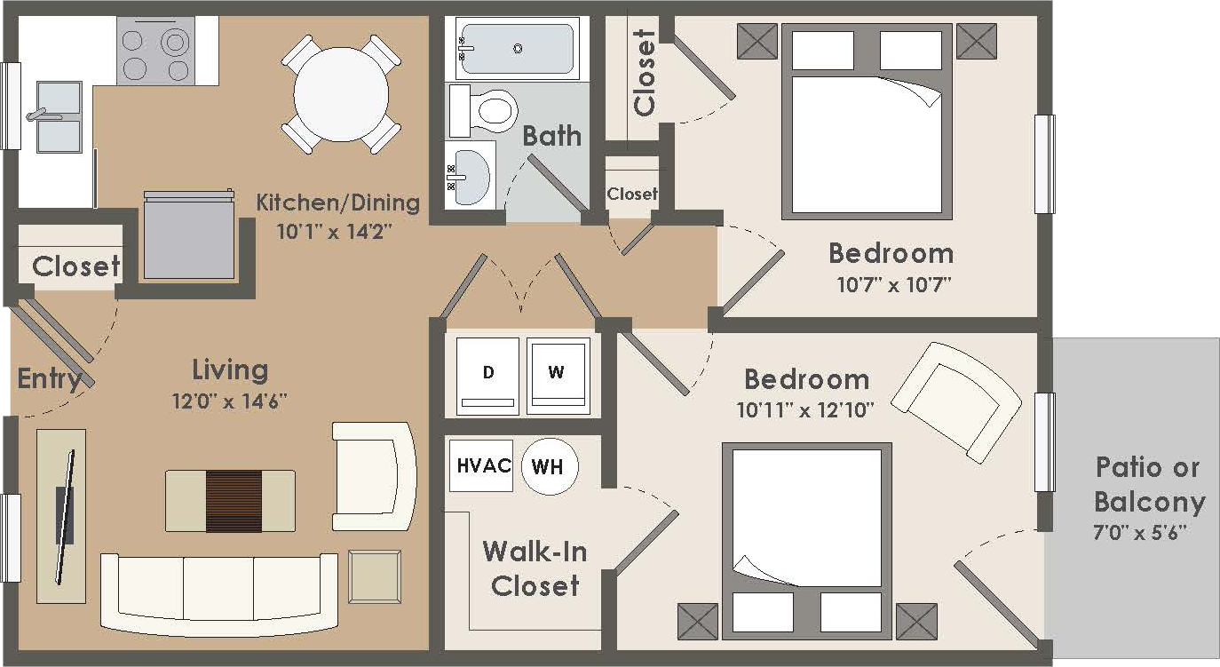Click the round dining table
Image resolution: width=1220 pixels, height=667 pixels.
coord(341,93)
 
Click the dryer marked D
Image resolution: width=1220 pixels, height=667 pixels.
coord(487,375)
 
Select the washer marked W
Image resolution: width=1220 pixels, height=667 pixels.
coord(558,375)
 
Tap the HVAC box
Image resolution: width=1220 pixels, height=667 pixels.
coord(480,465)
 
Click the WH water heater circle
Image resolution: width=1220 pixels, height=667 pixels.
coord(549,466)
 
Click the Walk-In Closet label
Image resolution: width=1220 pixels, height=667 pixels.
coord(535,568)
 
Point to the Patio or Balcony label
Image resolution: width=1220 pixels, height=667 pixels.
coord(1148,485)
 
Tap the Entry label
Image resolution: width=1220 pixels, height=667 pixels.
coord(50,379)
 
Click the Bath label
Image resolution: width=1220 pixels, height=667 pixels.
coord(551,136)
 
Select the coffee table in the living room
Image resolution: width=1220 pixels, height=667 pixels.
coord(231,502)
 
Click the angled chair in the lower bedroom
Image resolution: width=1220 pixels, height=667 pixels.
coord(956,401)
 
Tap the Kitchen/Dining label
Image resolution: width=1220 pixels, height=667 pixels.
coord(337,202)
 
